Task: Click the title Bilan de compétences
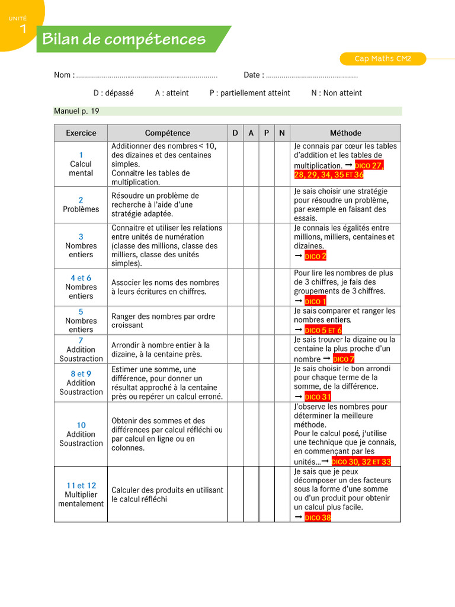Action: click(124, 40)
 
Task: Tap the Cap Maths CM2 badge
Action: click(382, 59)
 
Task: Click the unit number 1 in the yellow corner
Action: click(23, 28)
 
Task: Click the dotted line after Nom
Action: click(147, 75)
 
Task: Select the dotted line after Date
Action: click(312, 75)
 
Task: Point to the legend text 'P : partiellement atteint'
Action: click(249, 93)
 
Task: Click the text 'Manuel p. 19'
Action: click(76, 111)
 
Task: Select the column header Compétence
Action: click(168, 133)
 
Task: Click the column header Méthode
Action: click(345, 133)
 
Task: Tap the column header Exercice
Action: click(81, 133)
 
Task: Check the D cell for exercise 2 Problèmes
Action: click(235, 205)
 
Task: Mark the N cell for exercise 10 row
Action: click(282, 434)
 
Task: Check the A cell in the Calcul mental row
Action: click(251, 164)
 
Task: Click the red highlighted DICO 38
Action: click(318, 517)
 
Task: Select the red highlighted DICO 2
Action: click(315, 256)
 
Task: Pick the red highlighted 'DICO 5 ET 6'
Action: click(323, 330)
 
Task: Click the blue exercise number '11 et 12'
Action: click(81, 485)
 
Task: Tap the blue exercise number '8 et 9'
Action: click(81, 374)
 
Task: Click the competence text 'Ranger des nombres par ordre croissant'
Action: click(163, 321)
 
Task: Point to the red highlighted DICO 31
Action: click(318, 397)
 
